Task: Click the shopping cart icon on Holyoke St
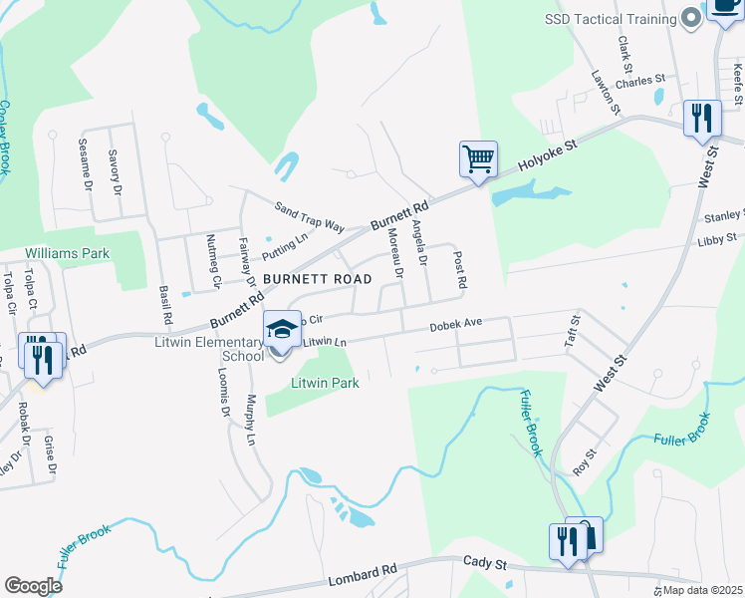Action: pyautogui.click(x=479, y=158)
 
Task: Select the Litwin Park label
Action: pyautogui.click(x=324, y=382)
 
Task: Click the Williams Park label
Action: pyautogui.click(x=68, y=254)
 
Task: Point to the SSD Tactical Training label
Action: pyautogui.click(x=609, y=19)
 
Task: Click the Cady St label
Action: pyautogui.click(x=485, y=564)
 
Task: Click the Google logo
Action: pyautogui.click(x=33, y=586)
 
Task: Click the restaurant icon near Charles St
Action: pyautogui.click(x=702, y=120)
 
